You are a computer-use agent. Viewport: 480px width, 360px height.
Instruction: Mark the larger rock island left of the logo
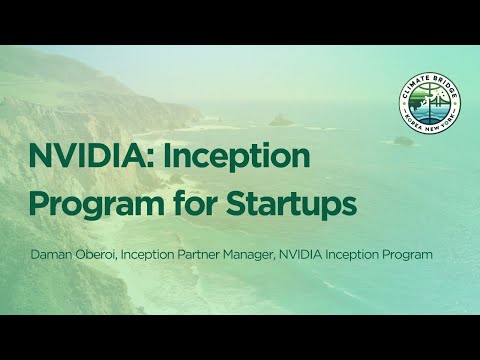pyautogui.click(x=280, y=120)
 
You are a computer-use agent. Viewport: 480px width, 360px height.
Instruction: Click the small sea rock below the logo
pyautogui.click(x=402, y=141)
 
